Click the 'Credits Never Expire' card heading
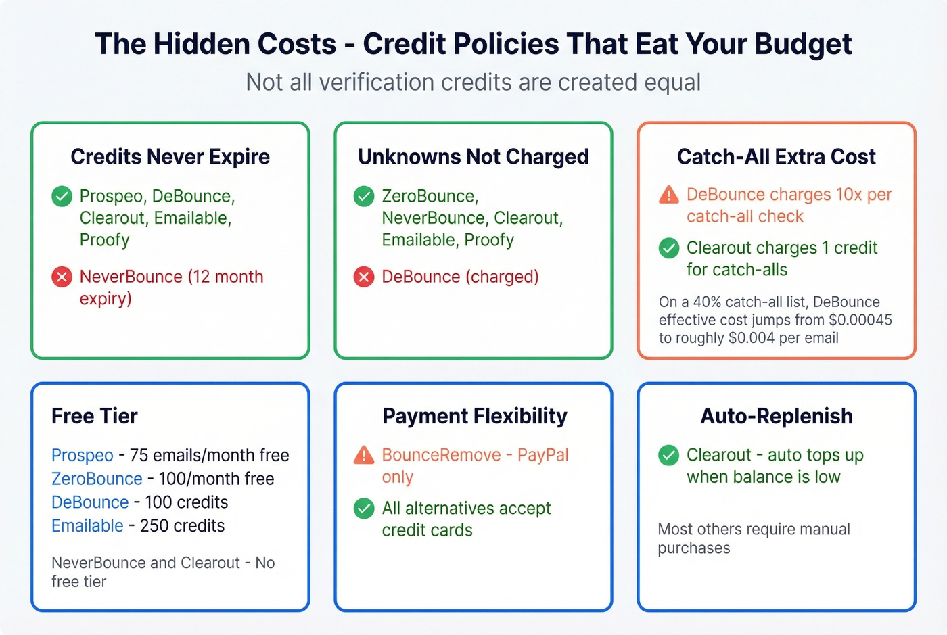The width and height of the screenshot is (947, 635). tap(170, 157)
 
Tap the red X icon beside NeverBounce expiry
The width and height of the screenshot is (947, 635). tap(62, 277)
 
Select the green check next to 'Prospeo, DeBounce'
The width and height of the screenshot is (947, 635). tap(62, 196)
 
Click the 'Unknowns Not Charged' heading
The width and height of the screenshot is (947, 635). tap(473, 157)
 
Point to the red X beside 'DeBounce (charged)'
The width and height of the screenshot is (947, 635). tap(364, 277)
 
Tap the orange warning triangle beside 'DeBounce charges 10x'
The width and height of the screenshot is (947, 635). tap(668, 195)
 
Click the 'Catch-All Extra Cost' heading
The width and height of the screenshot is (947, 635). tap(776, 157)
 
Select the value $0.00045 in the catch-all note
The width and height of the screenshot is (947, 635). tap(860, 320)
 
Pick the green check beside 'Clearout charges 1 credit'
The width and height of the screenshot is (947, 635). tap(668, 248)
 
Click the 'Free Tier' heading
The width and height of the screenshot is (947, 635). tap(95, 416)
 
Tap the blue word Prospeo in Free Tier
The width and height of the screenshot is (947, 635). tap(82, 455)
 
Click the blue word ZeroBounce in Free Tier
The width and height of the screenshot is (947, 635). tap(97, 479)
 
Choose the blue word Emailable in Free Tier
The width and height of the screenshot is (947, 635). tap(87, 525)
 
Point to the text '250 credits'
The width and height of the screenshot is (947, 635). tap(182, 525)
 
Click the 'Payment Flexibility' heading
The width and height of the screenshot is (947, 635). tap(474, 416)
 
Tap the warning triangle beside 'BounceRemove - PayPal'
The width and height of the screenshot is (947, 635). tap(364, 455)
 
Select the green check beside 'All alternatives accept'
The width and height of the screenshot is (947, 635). tap(364, 509)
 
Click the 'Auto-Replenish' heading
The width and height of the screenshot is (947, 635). tap(777, 416)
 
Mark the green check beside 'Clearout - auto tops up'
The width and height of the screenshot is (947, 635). tap(668, 455)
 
